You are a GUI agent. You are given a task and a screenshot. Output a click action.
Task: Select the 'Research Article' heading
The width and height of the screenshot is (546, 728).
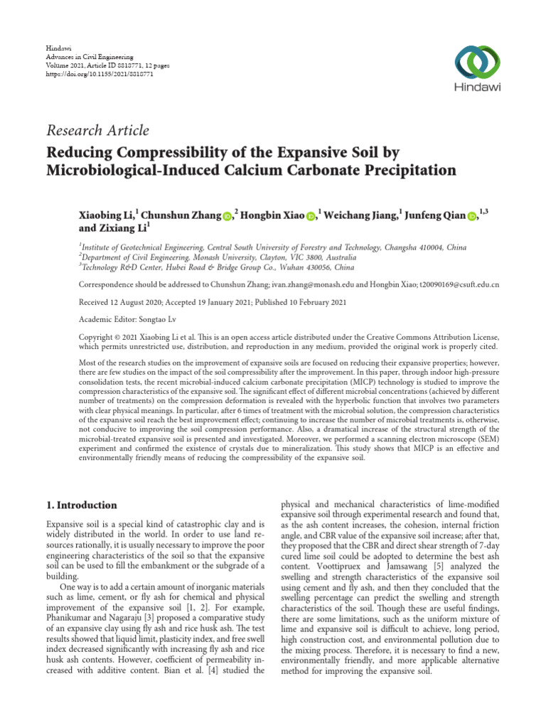coord(98,130)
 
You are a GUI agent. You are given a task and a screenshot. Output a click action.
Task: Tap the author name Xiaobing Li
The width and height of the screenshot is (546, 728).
coord(107,215)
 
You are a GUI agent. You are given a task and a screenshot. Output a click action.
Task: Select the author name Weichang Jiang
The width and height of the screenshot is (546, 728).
coord(360,215)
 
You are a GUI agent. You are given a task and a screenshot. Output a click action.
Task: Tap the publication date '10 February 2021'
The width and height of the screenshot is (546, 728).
coord(309,301)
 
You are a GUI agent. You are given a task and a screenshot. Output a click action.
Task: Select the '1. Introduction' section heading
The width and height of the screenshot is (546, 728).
coord(82,505)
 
